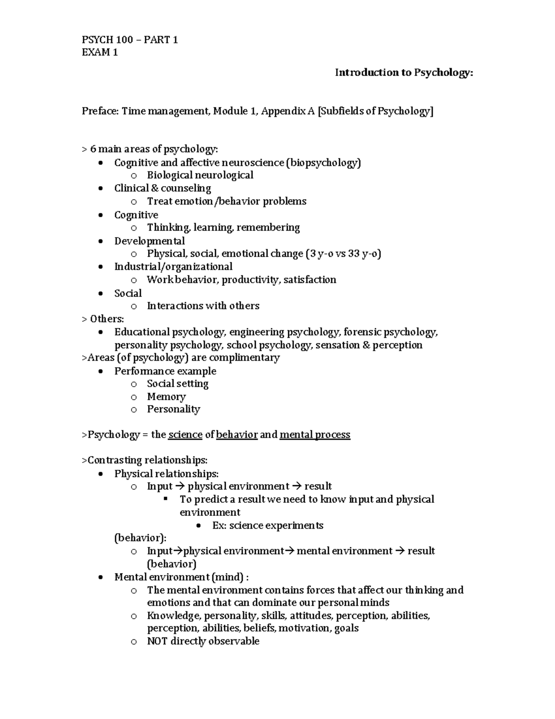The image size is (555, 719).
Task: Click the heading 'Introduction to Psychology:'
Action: [x=404, y=73]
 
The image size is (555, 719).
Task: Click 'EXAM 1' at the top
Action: [x=99, y=52]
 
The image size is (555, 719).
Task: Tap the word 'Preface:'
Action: [x=100, y=111]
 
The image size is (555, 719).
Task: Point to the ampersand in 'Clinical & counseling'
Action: [x=154, y=188]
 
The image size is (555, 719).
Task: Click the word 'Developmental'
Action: [x=149, y=241]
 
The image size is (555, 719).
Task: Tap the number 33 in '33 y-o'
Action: [x=354, y=254]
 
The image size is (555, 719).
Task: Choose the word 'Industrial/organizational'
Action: [x=173, y=267]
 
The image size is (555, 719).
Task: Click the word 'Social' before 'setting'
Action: [x=160, y=384]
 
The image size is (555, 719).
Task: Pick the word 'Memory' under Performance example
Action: [x=166, y=397]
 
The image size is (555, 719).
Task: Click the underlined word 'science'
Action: [x=185, y=435]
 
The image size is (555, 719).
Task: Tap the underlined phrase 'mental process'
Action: [x=315, y=435]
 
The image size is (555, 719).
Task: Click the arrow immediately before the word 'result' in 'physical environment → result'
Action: [x=296, y=487]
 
